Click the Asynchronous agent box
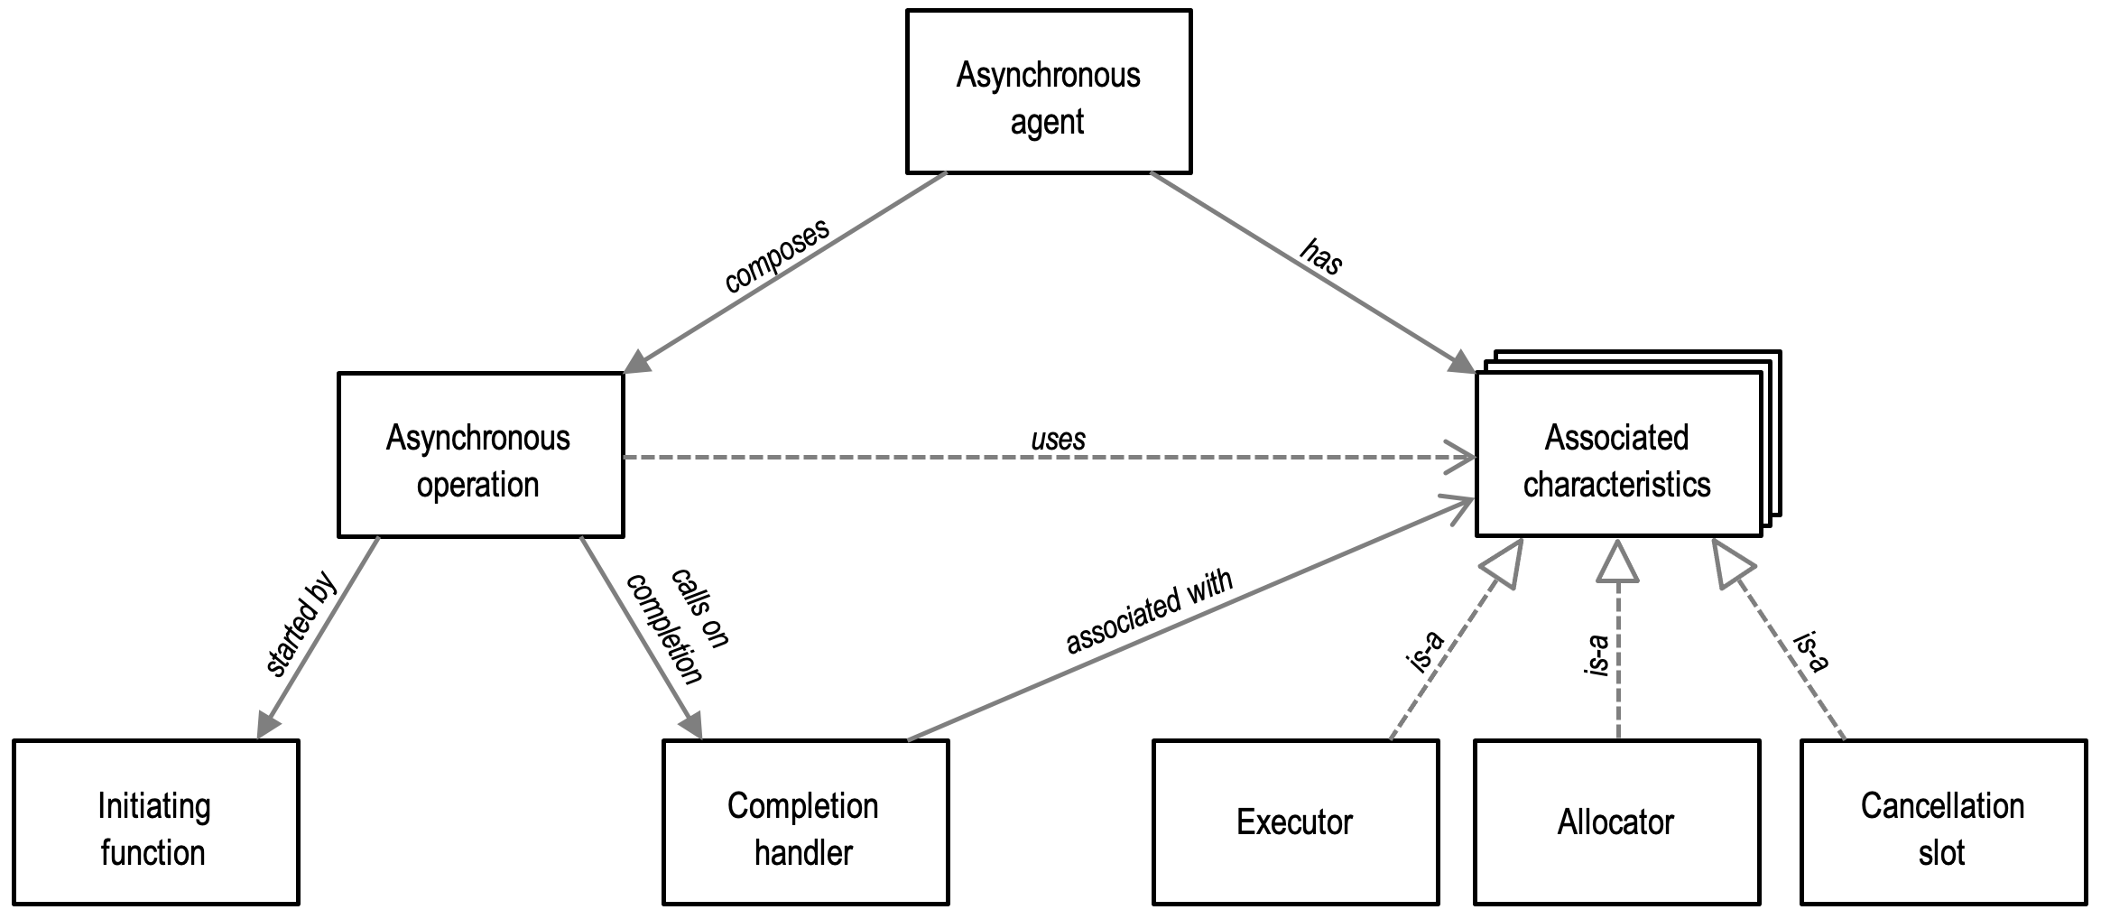[1048, 92]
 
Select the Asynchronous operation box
[480, 455]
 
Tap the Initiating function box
[155, 822]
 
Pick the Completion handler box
[805, 822]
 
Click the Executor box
[1295, 822]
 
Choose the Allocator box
[1616, 822]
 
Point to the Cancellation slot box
[1943, 822]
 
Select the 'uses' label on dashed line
[1058, 440]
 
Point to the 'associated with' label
[1148, 612]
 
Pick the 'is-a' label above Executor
[1427, 652]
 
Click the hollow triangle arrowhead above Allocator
[1617, 562]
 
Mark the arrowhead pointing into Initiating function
[268, 724]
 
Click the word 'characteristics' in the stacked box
[1616, 485]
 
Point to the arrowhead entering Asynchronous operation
[638, 362]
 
